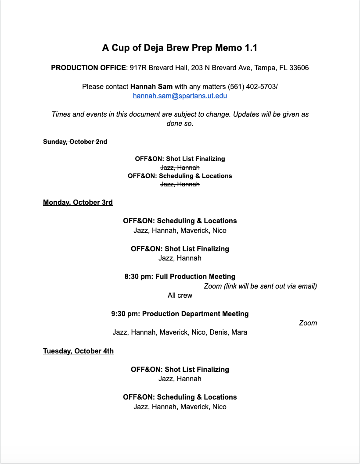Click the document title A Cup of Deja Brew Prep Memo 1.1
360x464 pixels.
tap(180, 47)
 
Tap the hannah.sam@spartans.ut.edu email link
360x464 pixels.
tap(180, 96)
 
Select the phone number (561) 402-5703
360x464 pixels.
tap(251, 87)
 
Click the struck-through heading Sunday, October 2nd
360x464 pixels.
tap(75, 142)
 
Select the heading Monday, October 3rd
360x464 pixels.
tap(78, 202)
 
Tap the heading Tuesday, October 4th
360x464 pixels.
tap(78, 351)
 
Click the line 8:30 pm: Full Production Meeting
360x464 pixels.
tap(180, 276)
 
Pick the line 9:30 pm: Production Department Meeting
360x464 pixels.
tap(180, 314)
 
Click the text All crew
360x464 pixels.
tap(180, 295)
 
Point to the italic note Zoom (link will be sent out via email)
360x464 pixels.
tap(260, 286)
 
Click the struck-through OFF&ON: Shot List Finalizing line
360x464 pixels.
tap(180, 159)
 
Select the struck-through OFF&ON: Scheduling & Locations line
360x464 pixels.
tap(180, 176)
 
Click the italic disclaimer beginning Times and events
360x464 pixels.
tap(180, 114)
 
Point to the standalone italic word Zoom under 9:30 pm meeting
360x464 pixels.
tap(308, 323)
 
